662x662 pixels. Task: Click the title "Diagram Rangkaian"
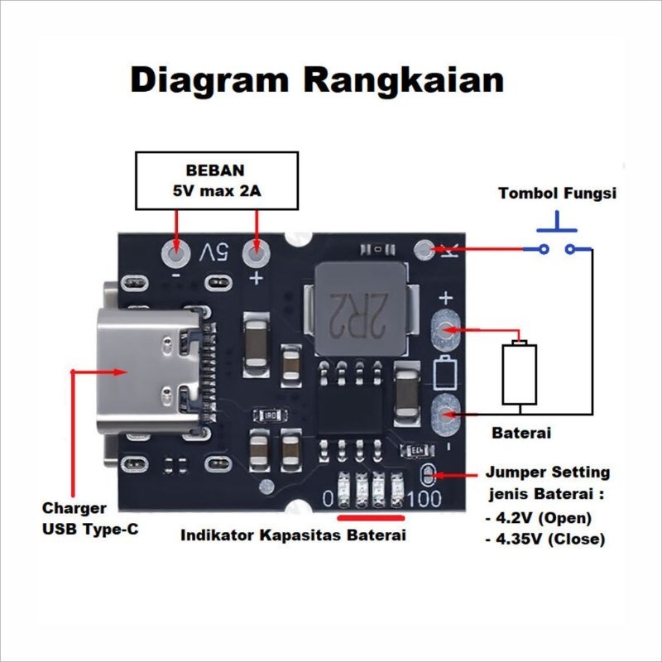[x=317, y=81]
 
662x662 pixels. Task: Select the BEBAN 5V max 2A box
[x=216, y=180]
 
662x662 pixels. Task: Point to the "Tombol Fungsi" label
[x=557, y=194]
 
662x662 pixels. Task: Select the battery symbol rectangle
[x=520, y=374]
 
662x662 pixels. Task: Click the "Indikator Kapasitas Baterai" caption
[x=294, y=535]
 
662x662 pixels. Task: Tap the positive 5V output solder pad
[x=257, y=252]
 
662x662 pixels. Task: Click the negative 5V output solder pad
[x=175, y=252]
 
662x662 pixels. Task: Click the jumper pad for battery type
[x=428, y=475]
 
